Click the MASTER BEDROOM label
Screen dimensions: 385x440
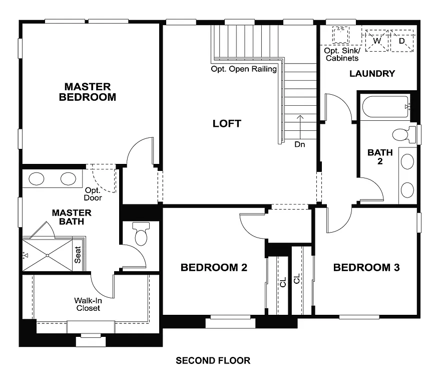tap(87, 92)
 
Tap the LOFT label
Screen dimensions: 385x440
tap(227, 123)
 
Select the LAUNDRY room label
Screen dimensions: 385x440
tap(372, 74)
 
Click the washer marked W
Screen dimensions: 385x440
tap(377, 41)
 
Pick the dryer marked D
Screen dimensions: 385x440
tap(402, 41)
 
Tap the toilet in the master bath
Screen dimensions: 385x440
tap(140, 235)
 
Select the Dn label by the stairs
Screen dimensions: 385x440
tap(300, 144)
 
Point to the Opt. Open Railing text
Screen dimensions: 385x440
tap(244, 69)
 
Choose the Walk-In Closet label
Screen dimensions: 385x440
tap(88, 304)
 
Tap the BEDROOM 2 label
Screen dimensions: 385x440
tap(214, 268)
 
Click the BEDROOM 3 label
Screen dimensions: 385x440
tap(366, 268)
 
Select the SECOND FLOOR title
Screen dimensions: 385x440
tap(213, 360)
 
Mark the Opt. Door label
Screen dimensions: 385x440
tap(93, 194)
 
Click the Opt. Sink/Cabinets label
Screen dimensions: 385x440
tap(342, 55)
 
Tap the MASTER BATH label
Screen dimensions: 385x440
tap(72, 217)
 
